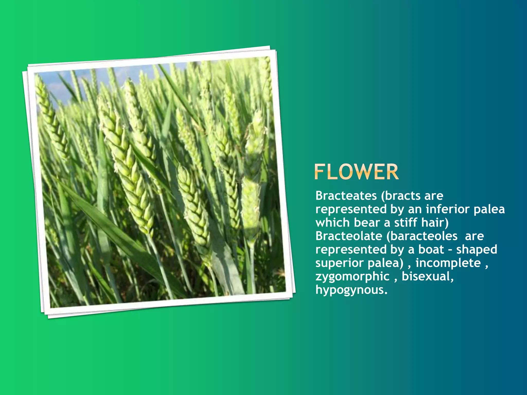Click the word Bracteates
point(346,196)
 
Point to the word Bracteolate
point(349,236)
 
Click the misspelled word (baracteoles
point(422,236)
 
